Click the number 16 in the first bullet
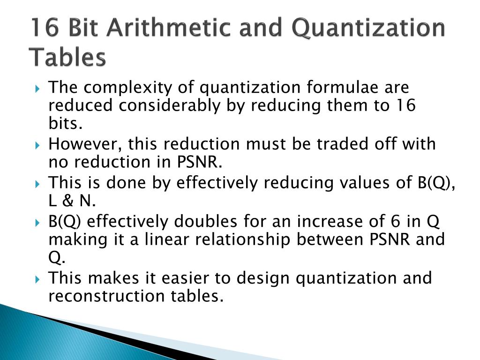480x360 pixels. (404, 106)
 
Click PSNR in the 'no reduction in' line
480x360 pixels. (198, 162)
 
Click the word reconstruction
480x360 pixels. (104, 296)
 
